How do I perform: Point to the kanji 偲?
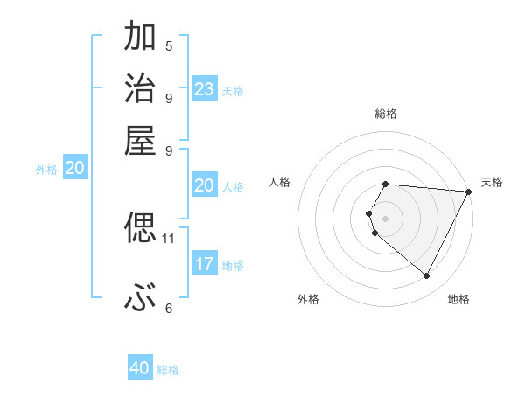pos(140,228)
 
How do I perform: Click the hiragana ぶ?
pos(140,300)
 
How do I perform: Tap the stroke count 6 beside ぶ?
pos(169,308)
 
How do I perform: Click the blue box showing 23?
pos(205,89)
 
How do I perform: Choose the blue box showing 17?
pos(205,264)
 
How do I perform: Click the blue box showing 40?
pos(140,368)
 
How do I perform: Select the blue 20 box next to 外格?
pos(74,169)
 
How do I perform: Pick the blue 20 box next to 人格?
pos(205,185)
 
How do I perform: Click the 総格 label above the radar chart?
pos(386,114)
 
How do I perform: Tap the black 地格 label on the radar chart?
pos(458,300)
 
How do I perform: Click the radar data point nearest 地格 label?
pos(427,276)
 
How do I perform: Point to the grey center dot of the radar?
pos(386,218)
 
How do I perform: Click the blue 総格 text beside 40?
pos(168,370)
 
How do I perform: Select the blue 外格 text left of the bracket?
pos(46,171)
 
